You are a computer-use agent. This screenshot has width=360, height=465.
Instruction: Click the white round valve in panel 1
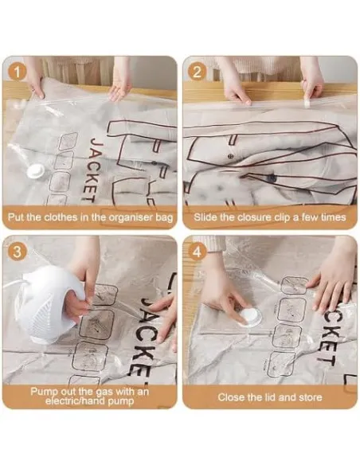click(36, 170)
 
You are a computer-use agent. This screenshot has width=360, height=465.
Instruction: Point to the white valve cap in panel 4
click(250, 316)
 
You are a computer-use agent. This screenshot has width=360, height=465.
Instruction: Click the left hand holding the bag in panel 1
click(34, 79)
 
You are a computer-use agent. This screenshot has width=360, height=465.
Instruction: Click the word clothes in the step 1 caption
click(70, 216)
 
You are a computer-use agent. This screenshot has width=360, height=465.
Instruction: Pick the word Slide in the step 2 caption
click(209, 216)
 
